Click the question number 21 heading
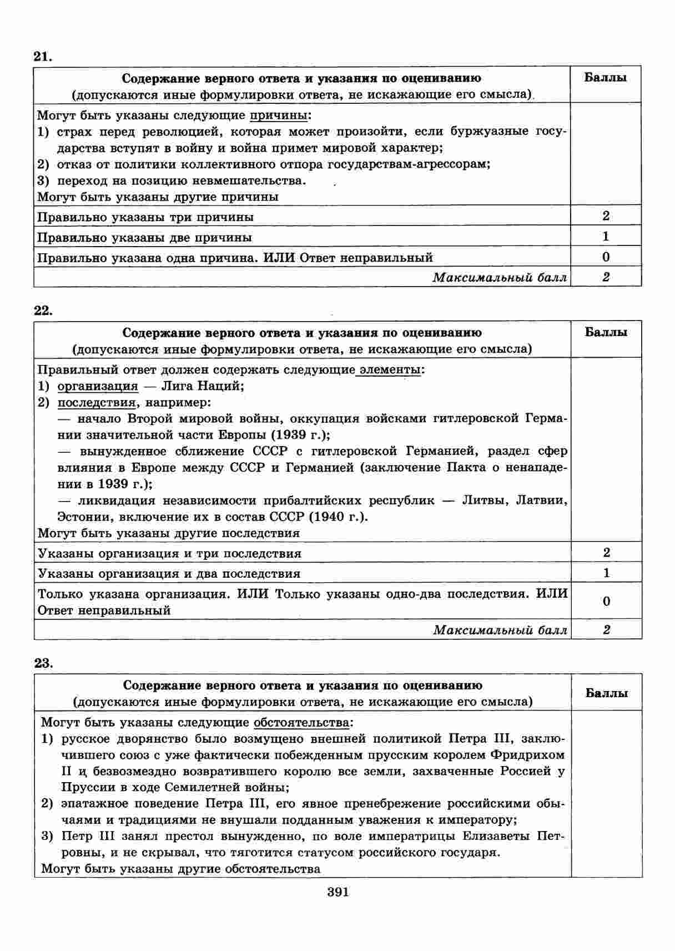point(43,56)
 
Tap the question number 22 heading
point(43,310)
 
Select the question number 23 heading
point(43,663)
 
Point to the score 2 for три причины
point(606,216)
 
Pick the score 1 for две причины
point(606,236)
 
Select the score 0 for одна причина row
point(606,257)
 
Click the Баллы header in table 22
point(606,332)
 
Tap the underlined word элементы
point(390,370)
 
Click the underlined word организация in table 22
point(98,386)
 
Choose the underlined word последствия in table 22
point(97,402)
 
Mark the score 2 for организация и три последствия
point(606,552)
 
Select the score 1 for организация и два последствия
point(606,573)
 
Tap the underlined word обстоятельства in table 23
point(301,723)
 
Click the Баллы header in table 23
point(607,693)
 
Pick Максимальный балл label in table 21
point(500,277)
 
